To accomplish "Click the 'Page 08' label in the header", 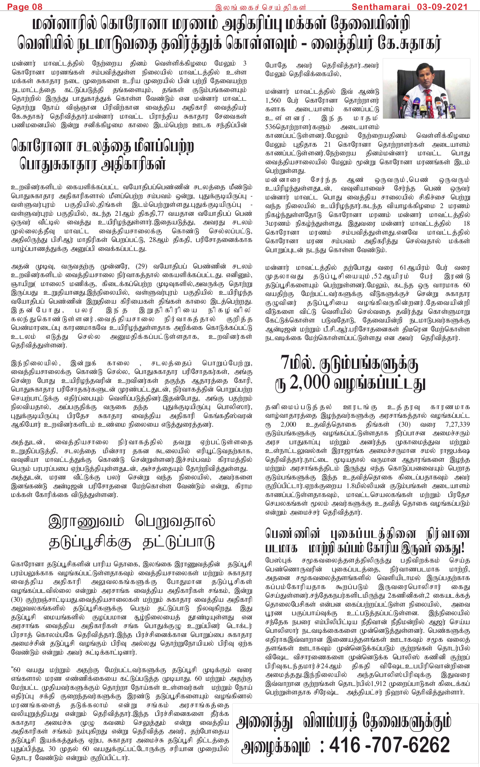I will pyautogui.click(x=25, y=7).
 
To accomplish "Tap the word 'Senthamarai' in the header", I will pyautogui.click(x=380, y=7).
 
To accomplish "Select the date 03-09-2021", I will pyautogui.click(x=442, y=7).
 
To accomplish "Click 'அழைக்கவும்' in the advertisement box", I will pyautogui.click(x=276, y=746).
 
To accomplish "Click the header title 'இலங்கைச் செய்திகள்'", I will pyautogui.click(x=260, y=7).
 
